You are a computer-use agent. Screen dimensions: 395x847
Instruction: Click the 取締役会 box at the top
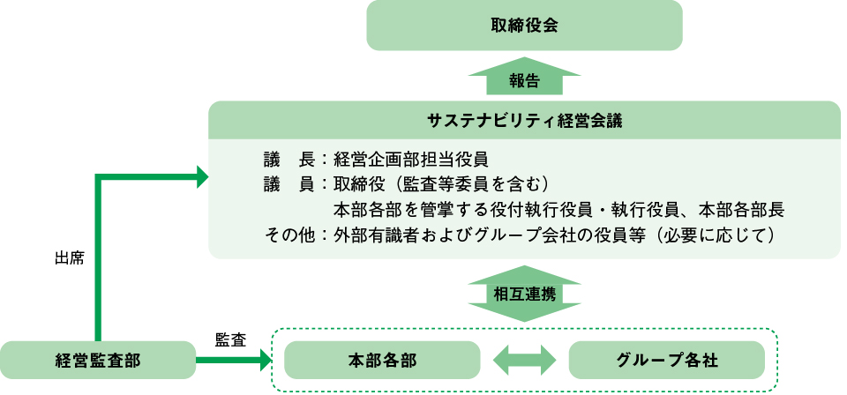524,25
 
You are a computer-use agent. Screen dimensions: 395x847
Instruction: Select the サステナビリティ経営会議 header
524,120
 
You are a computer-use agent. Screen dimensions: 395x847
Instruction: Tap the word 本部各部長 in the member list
741,211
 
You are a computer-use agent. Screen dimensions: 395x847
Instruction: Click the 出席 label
69,260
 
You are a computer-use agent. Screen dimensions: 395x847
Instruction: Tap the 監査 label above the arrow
230,339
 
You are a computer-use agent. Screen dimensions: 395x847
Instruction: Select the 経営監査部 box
97,360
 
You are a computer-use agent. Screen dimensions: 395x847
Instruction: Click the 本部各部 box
381,360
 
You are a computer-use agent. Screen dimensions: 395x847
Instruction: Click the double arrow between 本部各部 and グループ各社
524,360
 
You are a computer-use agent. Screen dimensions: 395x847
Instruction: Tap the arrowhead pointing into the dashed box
263,360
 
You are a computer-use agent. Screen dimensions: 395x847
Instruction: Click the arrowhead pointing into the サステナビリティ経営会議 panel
200,178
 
